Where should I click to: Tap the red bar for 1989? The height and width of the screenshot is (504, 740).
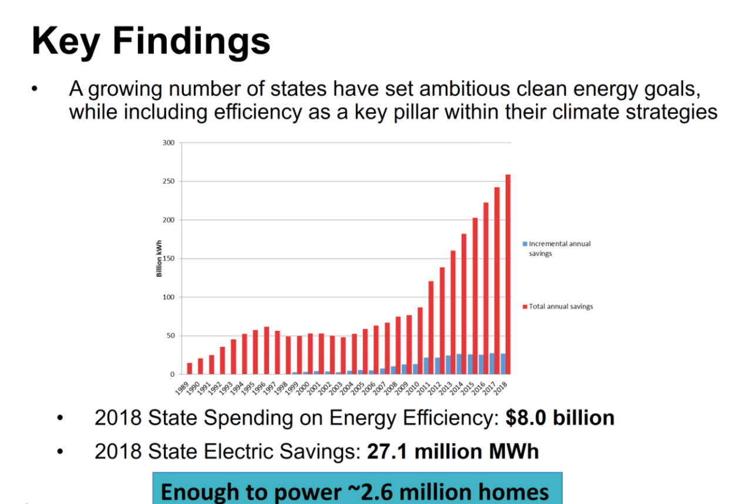pos(190,368)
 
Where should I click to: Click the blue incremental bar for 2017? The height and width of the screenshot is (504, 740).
pos(492,364)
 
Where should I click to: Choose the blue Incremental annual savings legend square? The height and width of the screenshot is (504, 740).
pos(526,243)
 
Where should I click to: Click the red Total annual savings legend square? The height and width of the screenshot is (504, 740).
pos(526,306)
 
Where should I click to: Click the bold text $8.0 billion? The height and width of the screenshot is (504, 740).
pos(560,418)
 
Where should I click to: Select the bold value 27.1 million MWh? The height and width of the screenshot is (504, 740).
pos(453,452)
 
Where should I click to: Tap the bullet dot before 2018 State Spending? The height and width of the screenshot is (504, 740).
pos(60,418)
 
